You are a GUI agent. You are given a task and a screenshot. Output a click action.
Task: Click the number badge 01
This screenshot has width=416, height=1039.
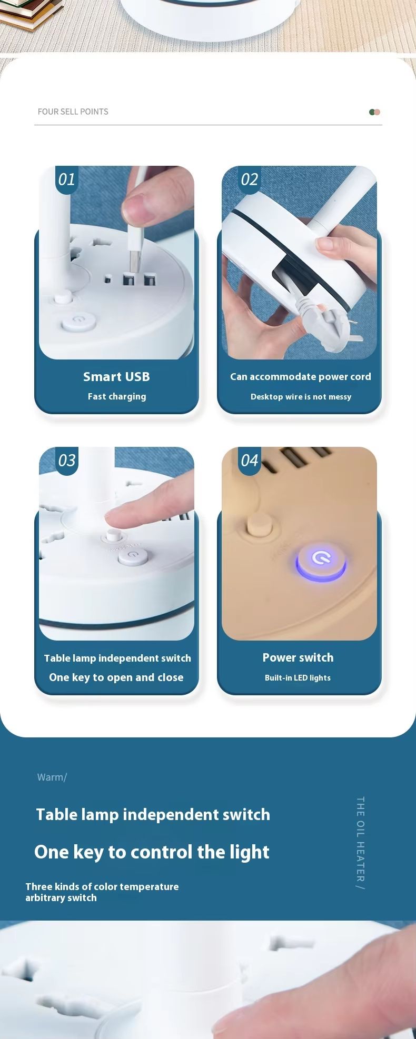click(67, 179)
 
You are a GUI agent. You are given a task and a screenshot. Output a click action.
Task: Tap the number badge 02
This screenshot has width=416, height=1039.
click(250, 179)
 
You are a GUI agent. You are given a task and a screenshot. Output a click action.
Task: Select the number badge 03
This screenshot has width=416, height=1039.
click(67, 461)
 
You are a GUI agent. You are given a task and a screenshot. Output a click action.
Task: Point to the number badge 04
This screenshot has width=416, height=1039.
click(250, 461)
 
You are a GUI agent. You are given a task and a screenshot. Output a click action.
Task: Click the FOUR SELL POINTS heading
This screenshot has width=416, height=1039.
click(73, 112)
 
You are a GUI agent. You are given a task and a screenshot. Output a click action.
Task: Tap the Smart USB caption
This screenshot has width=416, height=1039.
click(116, 377)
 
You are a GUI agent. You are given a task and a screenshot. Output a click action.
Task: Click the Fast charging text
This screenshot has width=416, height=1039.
click(117, 397)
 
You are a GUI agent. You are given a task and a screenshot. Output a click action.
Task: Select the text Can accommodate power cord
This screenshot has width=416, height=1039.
click(301, 377)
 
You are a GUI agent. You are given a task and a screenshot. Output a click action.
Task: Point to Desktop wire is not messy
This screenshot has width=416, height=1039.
click(301, 397)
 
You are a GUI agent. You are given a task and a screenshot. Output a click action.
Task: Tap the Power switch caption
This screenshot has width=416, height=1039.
click(298, 657)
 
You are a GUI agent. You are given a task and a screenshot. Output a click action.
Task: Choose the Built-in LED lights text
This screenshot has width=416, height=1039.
click(298, 678)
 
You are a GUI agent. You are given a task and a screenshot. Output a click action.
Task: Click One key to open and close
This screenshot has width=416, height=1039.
click(116, 678)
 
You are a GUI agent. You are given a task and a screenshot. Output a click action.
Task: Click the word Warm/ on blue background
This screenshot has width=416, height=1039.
click(52, 777)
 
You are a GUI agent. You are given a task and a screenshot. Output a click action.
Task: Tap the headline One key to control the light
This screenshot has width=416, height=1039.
click(152, 852)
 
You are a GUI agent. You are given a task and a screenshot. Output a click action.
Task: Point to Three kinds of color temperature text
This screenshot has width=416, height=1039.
click(102, 887)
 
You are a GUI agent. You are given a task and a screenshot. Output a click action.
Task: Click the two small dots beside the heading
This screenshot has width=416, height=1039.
click(375, 112)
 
